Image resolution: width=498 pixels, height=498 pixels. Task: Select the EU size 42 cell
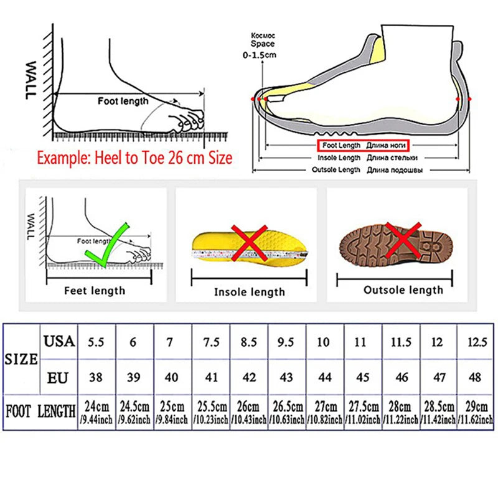pos(248,378)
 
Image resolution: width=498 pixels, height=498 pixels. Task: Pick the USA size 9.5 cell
pos(286,341)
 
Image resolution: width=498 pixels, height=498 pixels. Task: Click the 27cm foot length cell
pos(324,412)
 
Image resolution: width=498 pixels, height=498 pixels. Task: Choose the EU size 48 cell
pos(476,378)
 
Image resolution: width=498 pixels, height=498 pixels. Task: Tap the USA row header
pos(59,341)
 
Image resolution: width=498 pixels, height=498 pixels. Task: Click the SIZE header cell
pos(22,359)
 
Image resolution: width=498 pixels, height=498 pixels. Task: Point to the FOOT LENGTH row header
pos(40,411)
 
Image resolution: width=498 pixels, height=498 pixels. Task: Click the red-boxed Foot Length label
pos(364,145)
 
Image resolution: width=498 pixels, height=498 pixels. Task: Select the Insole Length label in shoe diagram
pos(339,157)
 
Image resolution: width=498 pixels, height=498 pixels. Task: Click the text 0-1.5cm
pos(259,55)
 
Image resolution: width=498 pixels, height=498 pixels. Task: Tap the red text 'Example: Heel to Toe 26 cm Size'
pos(134,157)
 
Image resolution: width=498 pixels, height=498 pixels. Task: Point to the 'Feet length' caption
pos(95,290)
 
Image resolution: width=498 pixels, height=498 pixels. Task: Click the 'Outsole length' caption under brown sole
pos(403,289)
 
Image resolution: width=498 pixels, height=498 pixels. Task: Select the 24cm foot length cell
pos(96,412)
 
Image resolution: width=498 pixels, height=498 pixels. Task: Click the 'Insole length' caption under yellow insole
pos(249,291)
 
